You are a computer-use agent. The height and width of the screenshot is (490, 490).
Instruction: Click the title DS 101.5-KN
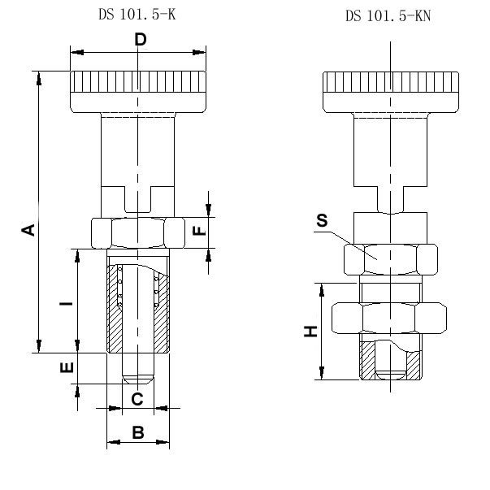point(388,15)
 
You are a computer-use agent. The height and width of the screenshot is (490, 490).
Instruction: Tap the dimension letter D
point(140,40)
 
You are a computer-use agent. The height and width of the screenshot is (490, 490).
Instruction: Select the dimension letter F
point(198,231)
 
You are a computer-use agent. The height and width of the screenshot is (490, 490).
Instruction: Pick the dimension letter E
point(67,367)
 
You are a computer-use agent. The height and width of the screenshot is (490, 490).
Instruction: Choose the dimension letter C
point(137,398)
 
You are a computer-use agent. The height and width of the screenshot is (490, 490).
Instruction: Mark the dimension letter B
point(137,433)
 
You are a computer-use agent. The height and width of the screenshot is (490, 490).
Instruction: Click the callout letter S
point(322,221)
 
